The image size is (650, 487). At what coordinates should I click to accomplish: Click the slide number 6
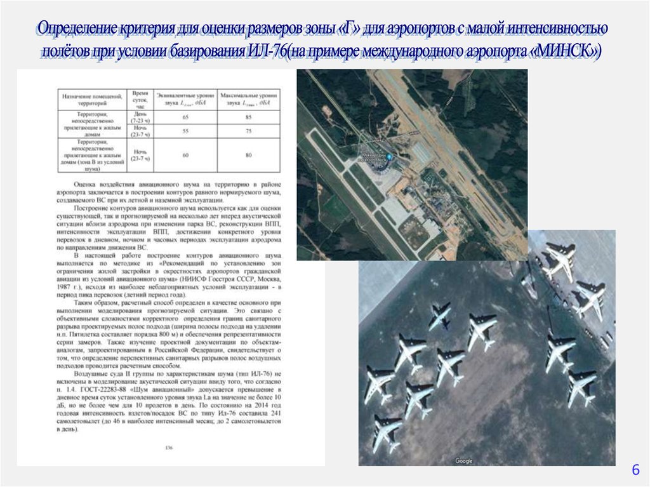(634, 470)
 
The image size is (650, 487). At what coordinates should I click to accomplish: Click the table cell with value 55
(185, 131)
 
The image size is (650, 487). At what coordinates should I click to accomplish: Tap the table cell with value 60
(185, 156)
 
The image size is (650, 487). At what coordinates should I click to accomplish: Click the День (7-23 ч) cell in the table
(140, 117)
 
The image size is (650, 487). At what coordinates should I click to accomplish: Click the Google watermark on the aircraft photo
(463, 461)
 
